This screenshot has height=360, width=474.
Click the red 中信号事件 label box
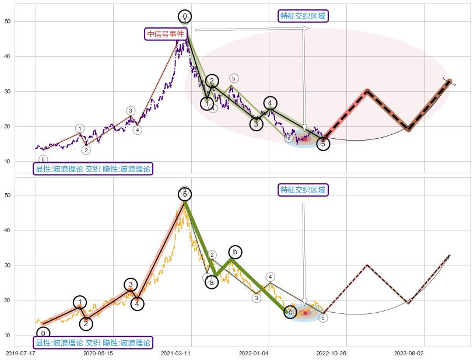click(x=166, y=34)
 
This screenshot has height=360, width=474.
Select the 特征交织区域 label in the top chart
click(x=303, y=16)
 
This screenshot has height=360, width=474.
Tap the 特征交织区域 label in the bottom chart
click(x=303, y=190)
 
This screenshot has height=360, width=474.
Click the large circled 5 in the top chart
click(x=324, y=144)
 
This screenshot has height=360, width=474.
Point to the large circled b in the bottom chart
click(x=234, y=252)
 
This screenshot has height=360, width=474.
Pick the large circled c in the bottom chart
click(x=290, y=312)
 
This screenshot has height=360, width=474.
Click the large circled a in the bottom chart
click(x=212, y=282)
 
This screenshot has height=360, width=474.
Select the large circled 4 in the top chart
click(x=270, y=103)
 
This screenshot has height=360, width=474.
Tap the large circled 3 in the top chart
click(x=257, y=124)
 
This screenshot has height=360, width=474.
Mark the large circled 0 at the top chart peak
click(x=185, y=17)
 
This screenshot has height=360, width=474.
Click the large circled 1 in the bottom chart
click(x=80, y=302)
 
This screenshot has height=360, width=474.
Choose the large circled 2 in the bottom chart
click(x=86, y=323)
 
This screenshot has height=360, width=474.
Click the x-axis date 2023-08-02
click(x=409, y=353)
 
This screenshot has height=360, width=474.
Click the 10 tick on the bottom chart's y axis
click(x=7, y=335)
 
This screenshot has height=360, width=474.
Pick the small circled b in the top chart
click(x=233, y=78)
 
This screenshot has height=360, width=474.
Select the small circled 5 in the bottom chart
click(x=323, y=318)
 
